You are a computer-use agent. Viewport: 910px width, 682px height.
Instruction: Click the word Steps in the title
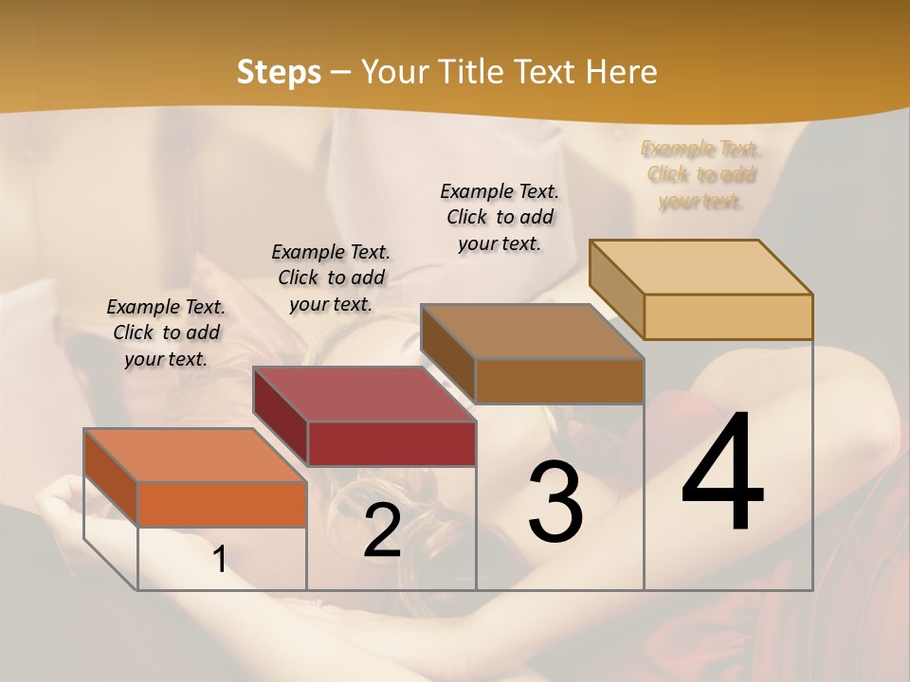(x=279, y=72)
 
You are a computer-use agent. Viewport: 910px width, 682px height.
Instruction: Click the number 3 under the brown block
(x=555, y=503)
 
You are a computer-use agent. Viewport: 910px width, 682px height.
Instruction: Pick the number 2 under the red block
(x=382, y=531)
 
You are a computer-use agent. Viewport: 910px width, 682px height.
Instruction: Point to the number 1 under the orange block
(x=220, y=560)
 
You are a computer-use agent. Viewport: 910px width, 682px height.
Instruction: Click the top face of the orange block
(x=194, y=455)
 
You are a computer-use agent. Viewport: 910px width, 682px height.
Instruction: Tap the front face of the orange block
(x=222, y=504)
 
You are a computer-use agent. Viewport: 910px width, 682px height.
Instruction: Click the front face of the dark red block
(x=391, y=443)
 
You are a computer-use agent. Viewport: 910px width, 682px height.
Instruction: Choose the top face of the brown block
(x=532, y=331)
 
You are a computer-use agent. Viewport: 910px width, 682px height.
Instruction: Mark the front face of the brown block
(x=559, y=381)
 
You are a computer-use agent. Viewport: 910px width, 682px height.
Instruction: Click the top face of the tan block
(x=701, y=266)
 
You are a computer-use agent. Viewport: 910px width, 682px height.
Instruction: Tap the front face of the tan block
(x=728, y=316)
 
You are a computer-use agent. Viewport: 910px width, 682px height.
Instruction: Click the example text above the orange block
(x=166, y=332)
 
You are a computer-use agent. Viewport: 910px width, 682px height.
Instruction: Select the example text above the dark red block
(x=331, y=278)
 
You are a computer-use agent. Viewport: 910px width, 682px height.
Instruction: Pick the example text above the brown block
(x=500, y=217)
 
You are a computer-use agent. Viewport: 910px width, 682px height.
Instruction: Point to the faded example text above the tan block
(x=701, y=174)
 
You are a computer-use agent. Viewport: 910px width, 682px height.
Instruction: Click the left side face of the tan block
(x=616, y=288)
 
